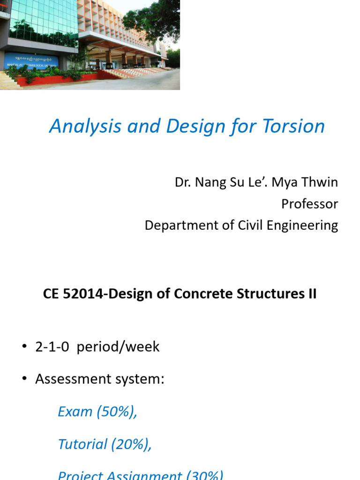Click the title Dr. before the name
point(183,182)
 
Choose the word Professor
point(309,204)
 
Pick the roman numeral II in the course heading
point(311,294)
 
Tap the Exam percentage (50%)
point(117,412)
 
